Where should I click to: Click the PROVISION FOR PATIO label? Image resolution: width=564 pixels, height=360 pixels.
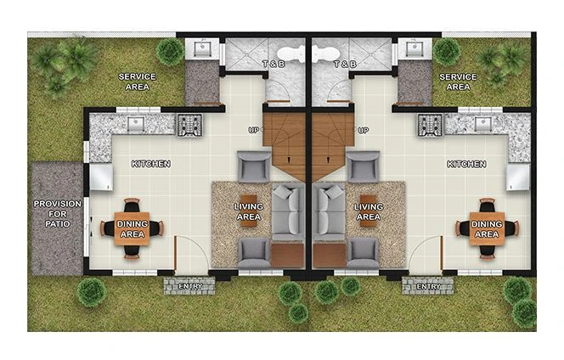point(58,217)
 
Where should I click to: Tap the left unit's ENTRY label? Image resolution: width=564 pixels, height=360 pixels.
point(189,287)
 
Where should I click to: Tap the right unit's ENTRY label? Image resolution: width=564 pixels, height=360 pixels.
point(429,287)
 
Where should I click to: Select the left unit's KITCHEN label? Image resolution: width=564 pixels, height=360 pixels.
point(151,164)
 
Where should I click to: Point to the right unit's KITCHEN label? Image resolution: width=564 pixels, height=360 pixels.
point(466,164)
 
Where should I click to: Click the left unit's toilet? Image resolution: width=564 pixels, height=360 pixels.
point(289,54)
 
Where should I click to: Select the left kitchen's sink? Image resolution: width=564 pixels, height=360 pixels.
point(136,125)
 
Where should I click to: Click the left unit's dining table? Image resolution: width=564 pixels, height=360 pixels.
point(132,228)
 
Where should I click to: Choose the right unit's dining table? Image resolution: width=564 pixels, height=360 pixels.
point(487,228)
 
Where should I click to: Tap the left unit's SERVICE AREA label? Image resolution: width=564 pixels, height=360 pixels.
point(137,82)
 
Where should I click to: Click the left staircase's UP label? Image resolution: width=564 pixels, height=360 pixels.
point(254,131)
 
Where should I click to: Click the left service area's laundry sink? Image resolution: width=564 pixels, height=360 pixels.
point(204,48)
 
